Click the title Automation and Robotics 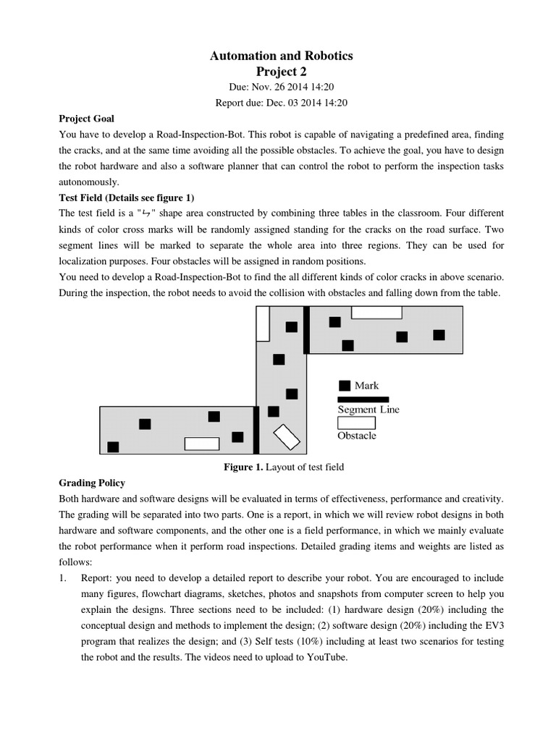pos(282,56)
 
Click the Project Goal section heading pos(86,119)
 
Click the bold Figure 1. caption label pos(243,467)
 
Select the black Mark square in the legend pos(345,386)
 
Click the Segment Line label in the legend pos(368,410)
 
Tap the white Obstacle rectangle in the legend pos(356,423)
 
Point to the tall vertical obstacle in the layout pos(263,323)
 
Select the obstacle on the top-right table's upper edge pos(376,313)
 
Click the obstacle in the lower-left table pos(201,444)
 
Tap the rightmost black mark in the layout pos(439,334)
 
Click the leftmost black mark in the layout pos(113,447)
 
